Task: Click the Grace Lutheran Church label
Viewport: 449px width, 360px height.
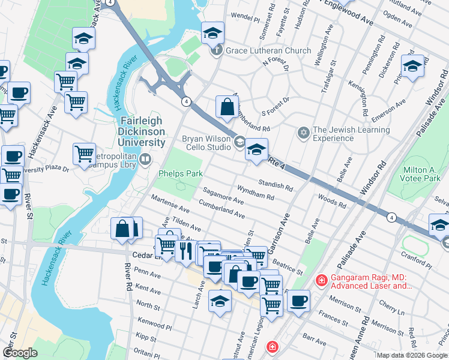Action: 268,51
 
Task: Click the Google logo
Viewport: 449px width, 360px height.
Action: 20,353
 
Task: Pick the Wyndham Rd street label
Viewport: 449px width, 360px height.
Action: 256,194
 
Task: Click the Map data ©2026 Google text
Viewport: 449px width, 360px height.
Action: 411,355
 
